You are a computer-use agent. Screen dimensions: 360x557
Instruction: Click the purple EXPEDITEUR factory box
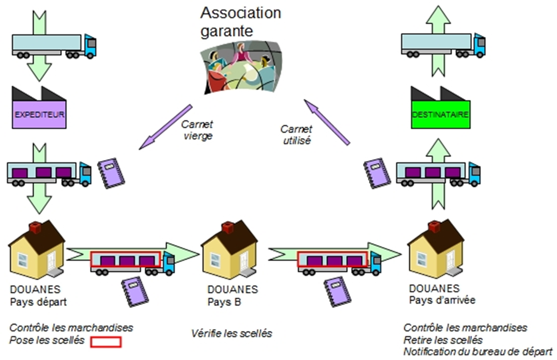(39, 114)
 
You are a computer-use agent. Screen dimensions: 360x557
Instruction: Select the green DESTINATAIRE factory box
(441, 114)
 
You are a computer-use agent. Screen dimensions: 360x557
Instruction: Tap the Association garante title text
(241, 22)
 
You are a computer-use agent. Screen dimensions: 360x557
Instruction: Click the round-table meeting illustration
(242, 68)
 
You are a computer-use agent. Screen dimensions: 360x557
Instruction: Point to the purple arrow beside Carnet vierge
(166, 127)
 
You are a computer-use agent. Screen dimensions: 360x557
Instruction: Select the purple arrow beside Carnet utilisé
(327, 122)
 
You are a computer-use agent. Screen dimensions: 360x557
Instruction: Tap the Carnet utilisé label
(296, 135)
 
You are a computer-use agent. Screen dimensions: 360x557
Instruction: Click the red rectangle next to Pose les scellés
(106, 342)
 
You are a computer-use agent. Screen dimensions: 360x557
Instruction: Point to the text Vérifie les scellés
(232, 334)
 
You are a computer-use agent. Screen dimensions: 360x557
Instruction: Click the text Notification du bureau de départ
(477, 352)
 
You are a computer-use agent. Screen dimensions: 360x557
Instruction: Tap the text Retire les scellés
(443, 340)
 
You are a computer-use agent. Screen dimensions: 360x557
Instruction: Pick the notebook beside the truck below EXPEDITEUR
(111, 173)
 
